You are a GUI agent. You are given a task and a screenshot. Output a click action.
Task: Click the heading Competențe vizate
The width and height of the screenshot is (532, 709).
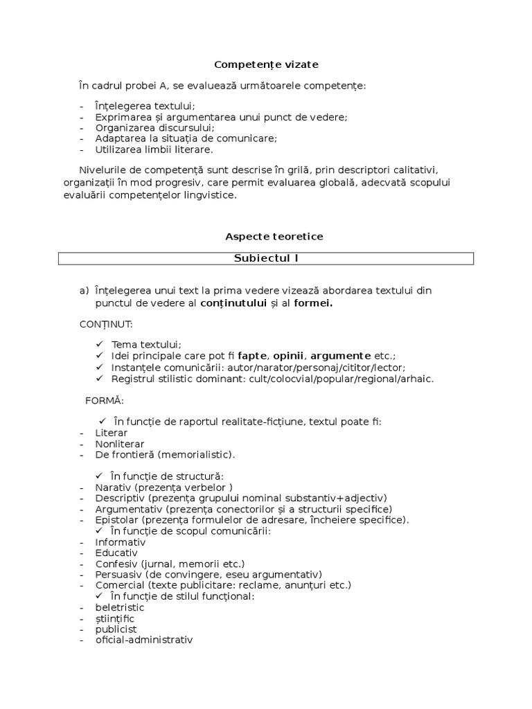(x=266, y=64)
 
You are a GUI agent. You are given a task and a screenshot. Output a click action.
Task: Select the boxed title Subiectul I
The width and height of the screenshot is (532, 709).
(x=266, y=258)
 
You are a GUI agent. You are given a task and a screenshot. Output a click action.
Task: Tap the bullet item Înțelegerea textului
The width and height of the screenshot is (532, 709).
(x=145, y=106)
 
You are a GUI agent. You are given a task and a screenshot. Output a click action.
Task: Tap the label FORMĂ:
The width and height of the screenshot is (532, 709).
(x=104, y=401)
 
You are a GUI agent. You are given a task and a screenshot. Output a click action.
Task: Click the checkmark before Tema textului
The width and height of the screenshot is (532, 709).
(x=99, y=344)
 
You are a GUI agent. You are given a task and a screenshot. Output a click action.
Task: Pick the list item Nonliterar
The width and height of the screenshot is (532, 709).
(x=120, y=444)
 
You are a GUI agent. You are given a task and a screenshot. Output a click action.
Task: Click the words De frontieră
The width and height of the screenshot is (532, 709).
(x=125, y=455)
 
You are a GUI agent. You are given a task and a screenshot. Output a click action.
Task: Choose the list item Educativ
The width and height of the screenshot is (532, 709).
(x=116, y=553)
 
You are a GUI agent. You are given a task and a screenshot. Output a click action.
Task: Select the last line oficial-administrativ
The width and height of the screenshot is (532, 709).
(x=143, y=640)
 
